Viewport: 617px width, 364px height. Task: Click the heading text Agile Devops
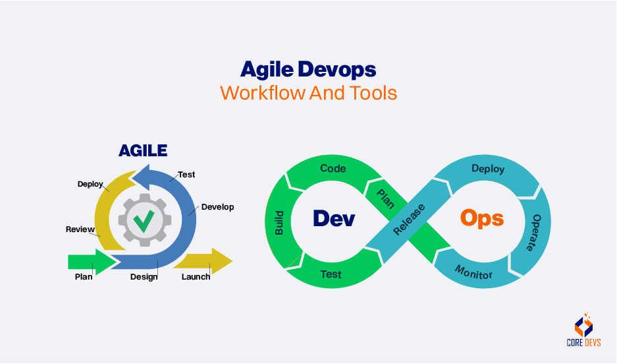click(x=308, y=69)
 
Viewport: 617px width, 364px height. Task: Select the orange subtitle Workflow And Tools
click(x=308, y=92)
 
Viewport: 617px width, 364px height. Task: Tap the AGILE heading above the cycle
click(x=142, y=150)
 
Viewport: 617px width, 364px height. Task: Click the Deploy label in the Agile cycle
click(x=90, y=184)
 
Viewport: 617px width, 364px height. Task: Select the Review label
click(x=80, y=229)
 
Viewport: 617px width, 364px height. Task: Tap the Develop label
click(x=217, y=206)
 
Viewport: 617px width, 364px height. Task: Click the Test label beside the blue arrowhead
click(x=186, y=175)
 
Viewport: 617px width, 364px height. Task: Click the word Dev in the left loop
click(x=333, y=218)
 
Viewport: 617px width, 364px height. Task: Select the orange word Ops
click(x=481, y=218)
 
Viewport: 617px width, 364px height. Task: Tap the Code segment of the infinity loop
click(x=333, y=169)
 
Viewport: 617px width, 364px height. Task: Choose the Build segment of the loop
click(x=280, y=223)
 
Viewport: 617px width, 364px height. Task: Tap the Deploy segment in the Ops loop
click(x=488, y=169)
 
